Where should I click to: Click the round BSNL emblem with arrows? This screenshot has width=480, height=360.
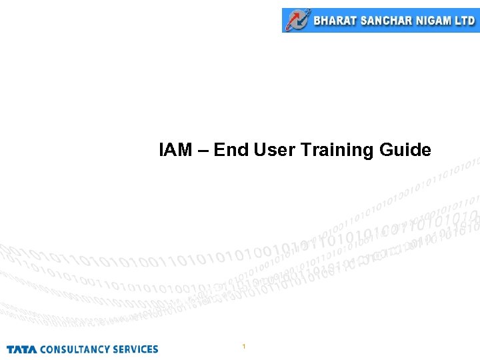297,20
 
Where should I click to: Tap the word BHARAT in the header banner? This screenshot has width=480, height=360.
335,21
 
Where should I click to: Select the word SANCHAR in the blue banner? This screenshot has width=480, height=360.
386,21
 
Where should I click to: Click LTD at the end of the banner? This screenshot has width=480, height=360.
464,21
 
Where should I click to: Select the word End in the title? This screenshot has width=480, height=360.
232,150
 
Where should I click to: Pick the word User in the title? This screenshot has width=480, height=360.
275,150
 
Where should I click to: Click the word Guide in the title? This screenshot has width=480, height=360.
405,150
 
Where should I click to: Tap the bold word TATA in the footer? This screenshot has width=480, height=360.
22,349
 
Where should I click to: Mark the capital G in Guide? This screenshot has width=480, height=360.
386,150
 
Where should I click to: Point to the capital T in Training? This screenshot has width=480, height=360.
305,150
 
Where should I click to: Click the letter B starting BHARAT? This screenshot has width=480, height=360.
317,21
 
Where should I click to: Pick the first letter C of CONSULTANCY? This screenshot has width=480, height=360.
43,349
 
